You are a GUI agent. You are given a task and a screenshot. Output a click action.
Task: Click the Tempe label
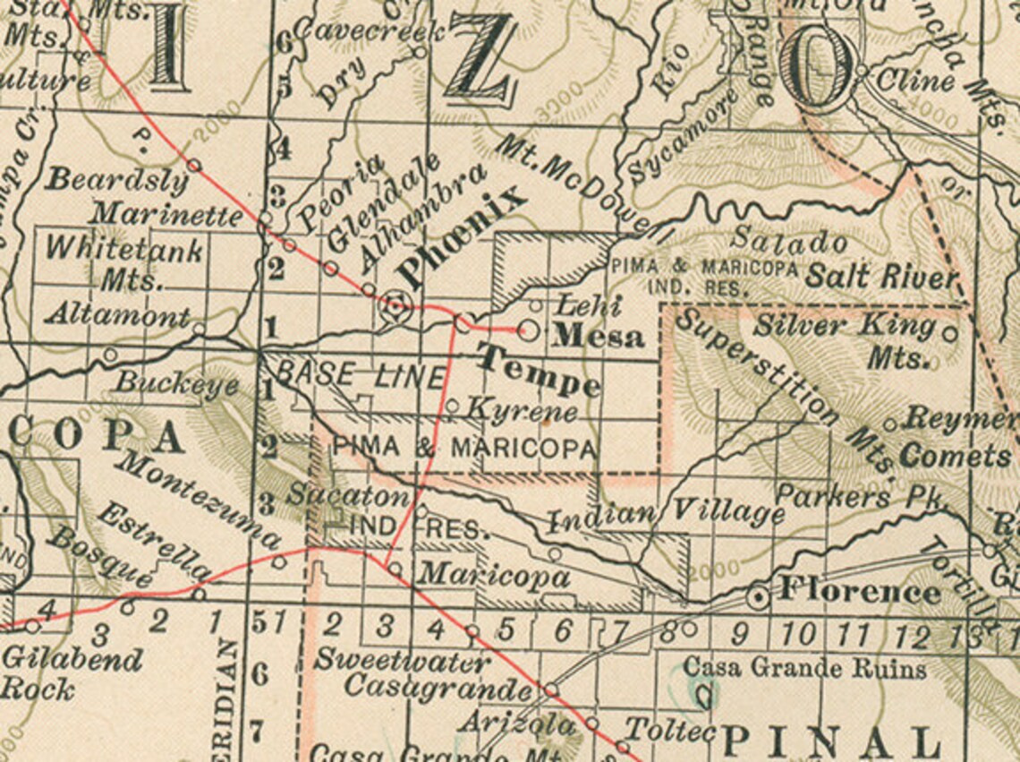click(538, 370)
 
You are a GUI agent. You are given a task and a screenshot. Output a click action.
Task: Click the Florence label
click(860, 592)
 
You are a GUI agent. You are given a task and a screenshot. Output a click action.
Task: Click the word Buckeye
click(177, 384)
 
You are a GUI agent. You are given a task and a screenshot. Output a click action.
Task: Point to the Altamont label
click(118, 315)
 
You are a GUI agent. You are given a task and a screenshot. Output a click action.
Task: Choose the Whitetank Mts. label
click(125, 263)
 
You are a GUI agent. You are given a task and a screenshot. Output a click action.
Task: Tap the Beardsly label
click(117, 180)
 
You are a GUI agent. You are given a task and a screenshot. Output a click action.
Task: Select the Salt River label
click(881, 277)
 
